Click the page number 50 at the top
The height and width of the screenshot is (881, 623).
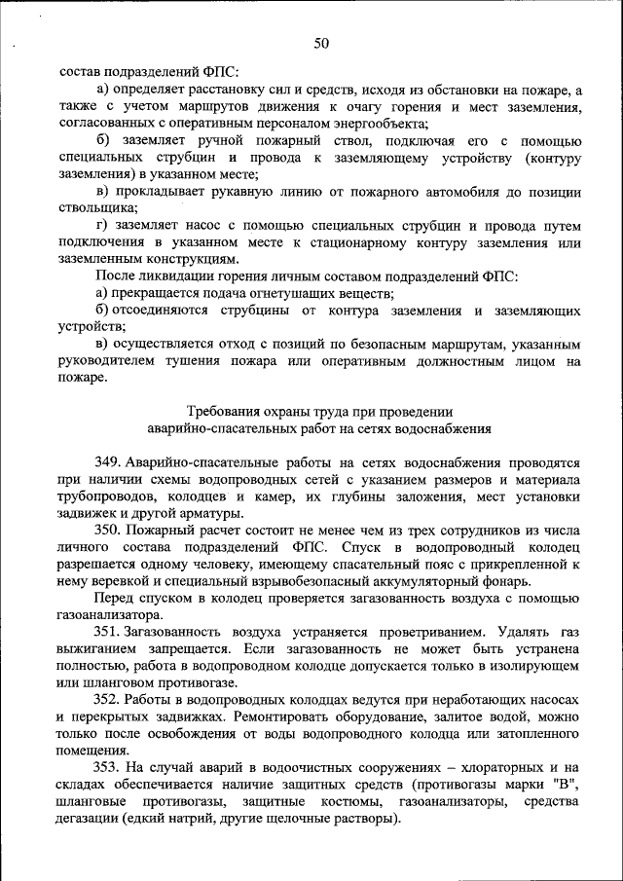point(321,43)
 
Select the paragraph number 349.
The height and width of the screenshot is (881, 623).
point(109,462)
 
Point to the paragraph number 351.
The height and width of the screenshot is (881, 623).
point(109,630)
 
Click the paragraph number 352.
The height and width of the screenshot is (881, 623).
point(109,699)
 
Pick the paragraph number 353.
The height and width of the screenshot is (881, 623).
point(109,767)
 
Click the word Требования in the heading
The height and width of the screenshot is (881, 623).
point(222,411)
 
